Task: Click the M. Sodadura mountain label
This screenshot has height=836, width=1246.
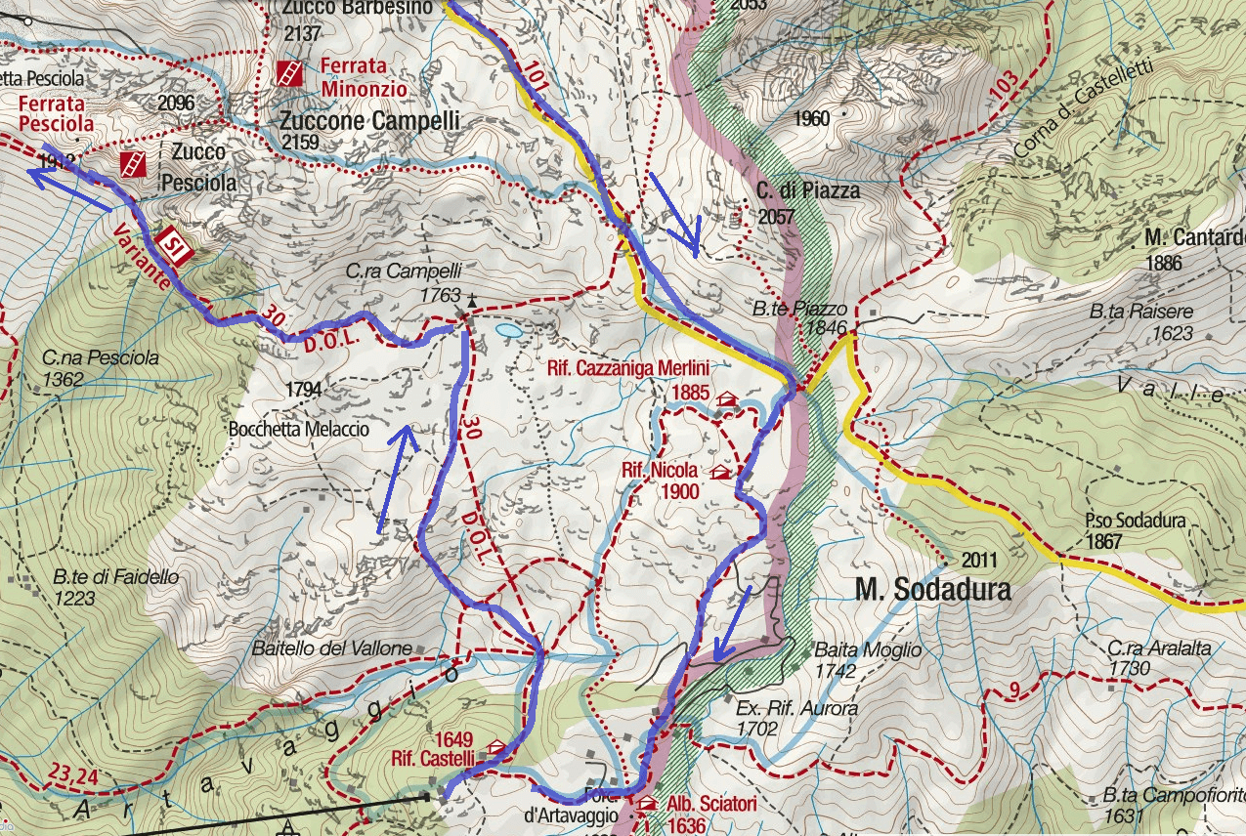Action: (x=932, y=590)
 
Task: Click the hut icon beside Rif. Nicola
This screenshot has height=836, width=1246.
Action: (x=720, y=473)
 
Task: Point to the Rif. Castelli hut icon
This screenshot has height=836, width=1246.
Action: (x=497, y=748)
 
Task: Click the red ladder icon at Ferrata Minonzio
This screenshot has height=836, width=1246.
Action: (x=289, y=72)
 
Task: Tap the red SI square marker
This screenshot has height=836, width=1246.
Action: (x=173, y=243)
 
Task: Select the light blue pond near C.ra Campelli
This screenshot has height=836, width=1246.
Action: (x=508, y=331)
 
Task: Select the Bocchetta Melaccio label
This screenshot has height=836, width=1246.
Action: (x=298, y=429)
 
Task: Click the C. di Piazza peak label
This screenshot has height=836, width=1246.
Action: (x=807, y=190)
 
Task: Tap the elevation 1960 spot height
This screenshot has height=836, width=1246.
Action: (x=811, y=119)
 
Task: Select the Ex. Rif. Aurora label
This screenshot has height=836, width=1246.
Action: (x=784, y=708)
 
